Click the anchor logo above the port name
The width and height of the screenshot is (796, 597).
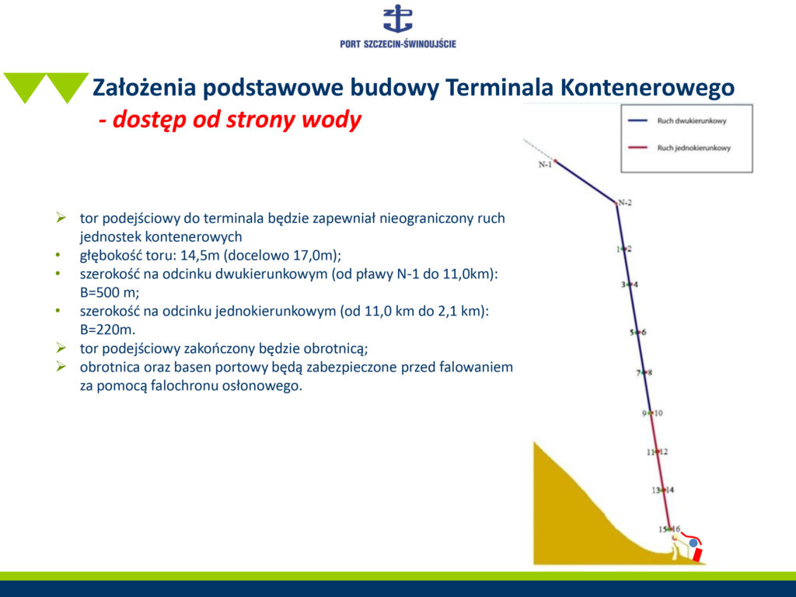tap(398, 19)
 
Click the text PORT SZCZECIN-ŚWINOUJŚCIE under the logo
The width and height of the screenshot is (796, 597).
tap(398, 44)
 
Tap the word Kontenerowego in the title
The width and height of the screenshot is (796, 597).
tap(648, 87)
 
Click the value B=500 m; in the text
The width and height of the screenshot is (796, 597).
tap(110, 292)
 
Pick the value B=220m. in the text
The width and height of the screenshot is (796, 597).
tap(107, 330)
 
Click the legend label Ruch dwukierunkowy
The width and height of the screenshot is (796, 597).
tap(691, 120)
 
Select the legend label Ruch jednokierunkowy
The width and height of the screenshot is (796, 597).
tap(693, 148)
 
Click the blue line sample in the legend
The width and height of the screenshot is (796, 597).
tap(637, 120)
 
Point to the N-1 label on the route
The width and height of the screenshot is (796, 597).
tap(545, 165)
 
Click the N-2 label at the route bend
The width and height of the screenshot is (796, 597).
tap(625, 203)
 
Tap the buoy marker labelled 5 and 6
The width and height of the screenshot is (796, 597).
tap(638, 332)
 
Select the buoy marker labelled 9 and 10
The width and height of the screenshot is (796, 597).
tap(651, 413)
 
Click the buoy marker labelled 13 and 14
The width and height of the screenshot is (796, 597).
tap(663, 490)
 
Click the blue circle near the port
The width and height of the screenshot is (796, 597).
tap(693, 543)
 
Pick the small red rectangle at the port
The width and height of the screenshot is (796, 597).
tap(699, 553)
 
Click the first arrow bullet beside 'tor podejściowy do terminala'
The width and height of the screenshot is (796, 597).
tap(61, 218)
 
